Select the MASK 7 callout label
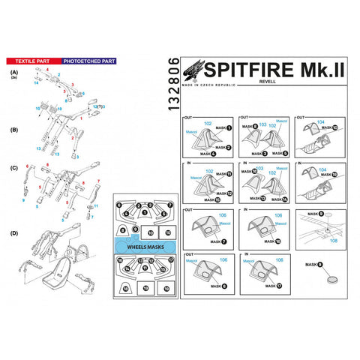[217, 242]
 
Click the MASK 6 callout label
[217, 286]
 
